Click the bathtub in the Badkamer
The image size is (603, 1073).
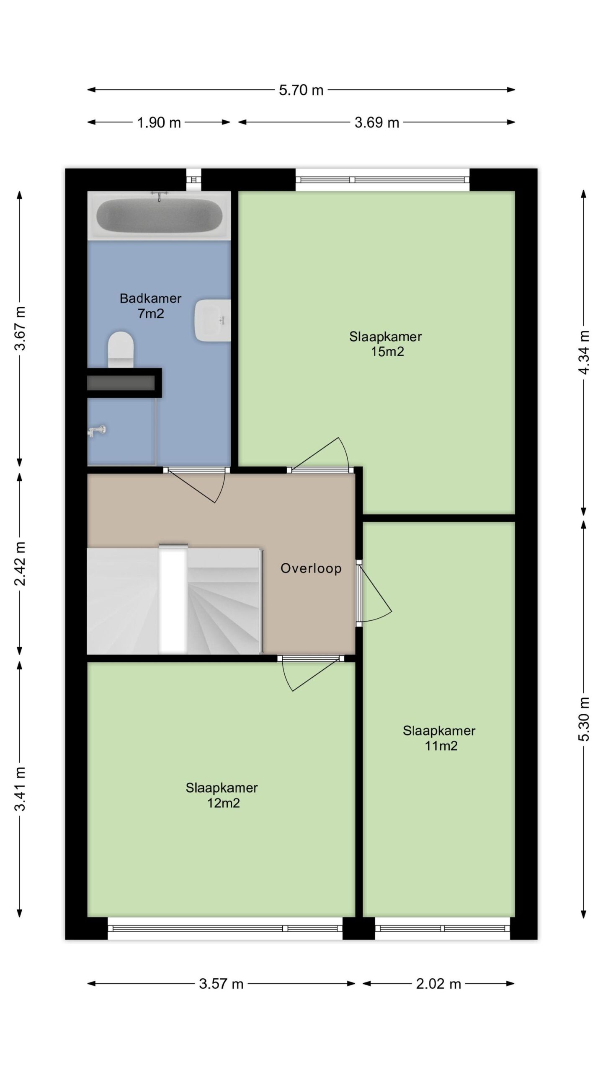point(159,215)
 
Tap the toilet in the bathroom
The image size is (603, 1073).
point(121,350)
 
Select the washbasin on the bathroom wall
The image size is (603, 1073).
point(213,320)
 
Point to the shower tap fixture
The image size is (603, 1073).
point(96,430)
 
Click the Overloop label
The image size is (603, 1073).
point(311,568)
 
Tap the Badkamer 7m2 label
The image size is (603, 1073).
point(151,306)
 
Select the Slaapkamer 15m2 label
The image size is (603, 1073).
point(386,344)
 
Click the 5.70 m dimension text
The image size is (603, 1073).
point(301,90)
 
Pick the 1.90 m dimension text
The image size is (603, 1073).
point(159,123)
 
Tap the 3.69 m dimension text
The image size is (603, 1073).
point(377,123)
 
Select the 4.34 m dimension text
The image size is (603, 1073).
point(585,352)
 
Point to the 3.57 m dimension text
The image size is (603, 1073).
point(221,984)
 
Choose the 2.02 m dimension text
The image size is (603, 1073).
point(438,984)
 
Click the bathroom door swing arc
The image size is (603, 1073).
point(222,488)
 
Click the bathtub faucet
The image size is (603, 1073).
point(159,195)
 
